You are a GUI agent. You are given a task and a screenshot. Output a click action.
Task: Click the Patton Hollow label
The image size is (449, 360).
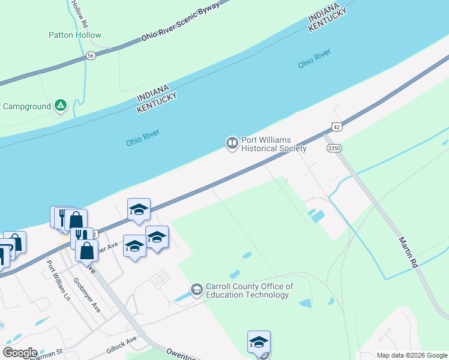click(x=75, y=35)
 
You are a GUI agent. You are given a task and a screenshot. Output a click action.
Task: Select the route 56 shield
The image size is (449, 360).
click(x=91, y=55)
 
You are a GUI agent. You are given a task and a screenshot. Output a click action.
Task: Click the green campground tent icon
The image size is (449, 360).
click(x=61, y=106)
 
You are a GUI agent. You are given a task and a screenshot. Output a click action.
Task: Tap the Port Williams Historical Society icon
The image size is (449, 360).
click(x=232, y=143)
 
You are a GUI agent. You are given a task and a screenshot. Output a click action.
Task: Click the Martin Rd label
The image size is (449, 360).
click(x=408, y=252)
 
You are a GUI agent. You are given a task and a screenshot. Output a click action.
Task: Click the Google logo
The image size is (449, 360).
click(x=20, y=353)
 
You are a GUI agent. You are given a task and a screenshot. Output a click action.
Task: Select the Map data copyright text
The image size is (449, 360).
click(x=412, y=355)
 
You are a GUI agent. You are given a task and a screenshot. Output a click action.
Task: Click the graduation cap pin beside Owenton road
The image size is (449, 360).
click(x=259, y=342)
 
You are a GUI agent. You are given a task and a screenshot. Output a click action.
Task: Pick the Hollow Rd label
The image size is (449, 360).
click(x=79, y=13)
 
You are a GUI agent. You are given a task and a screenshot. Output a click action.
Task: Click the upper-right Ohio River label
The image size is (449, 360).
click(x=315, y=60)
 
